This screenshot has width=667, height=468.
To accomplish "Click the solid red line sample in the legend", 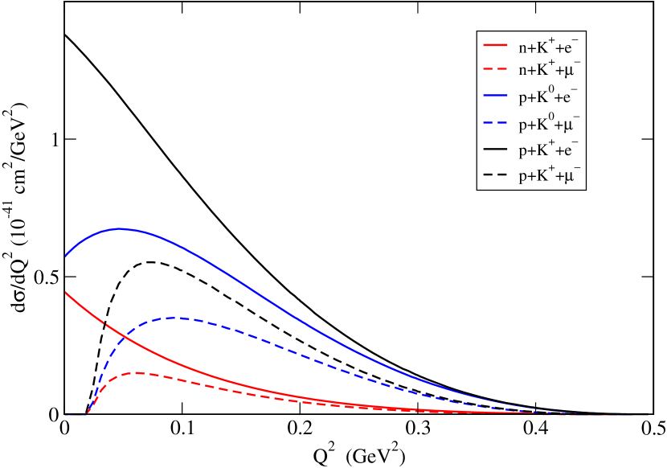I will pyautogui.click(x=495, y=46).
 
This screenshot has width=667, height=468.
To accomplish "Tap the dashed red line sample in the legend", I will pyautogui.click(x=495, y=72).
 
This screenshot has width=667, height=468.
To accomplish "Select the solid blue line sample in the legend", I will pyautogui.click(x=495, y=97).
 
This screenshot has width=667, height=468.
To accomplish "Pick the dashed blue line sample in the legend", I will pyautogui.click(x=495, y=123).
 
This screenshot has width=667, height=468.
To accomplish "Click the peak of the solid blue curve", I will pyautogui.click(x=121, y=228).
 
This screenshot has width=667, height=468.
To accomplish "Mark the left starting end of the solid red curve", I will pyautogui.click(x=66, y=293).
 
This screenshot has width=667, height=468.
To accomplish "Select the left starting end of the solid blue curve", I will pyautogui.click(x=66, y=256).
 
